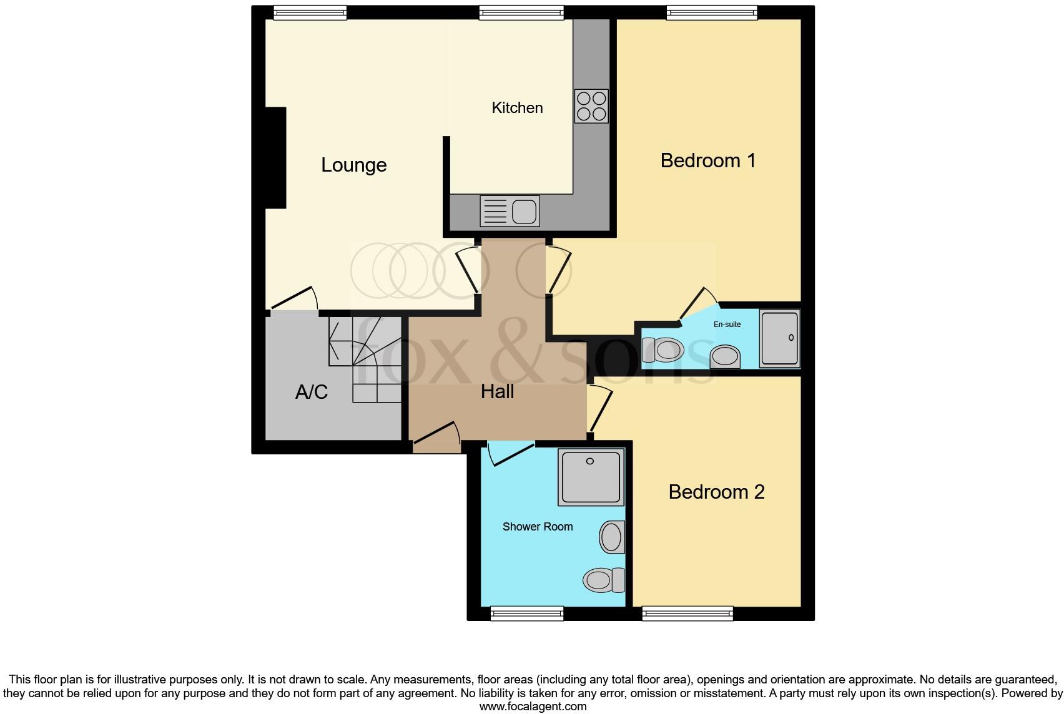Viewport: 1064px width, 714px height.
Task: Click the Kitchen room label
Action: [x=517, y=108]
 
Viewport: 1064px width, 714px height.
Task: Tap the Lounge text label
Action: [x=353, y=165]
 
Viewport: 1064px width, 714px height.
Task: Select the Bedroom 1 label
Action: [x=708, y=161]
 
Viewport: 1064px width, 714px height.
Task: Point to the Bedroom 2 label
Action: [x=716, y=492]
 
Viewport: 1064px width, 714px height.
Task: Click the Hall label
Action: [x=497, y=392]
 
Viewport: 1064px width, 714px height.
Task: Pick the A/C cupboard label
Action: [x=311, y=393]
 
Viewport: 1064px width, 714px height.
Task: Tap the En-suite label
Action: [x=727, y=325]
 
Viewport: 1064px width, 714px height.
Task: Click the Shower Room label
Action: [x=538, y=527]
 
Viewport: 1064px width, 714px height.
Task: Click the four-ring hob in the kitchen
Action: [x=591, y=106]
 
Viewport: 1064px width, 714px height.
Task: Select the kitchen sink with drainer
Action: [x=510, y=211]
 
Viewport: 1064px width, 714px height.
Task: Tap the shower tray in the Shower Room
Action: [x=591, y=477]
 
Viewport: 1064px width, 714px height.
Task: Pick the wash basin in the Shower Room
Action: [x=612, y=537]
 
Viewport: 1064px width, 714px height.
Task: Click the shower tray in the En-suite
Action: [x=779, y=339]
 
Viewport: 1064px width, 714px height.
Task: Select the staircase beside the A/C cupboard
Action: [x=365, y=359]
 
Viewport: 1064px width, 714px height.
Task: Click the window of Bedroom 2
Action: [x=687, y=614]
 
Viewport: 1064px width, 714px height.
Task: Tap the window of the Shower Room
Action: [x=527, y=614]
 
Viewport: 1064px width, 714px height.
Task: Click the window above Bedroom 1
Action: [x=712, y=12]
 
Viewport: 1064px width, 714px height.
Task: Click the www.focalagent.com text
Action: [x=533, y=707]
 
